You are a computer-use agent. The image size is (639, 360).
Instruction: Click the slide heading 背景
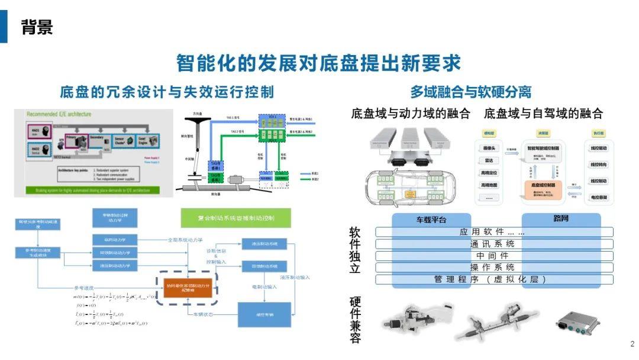(x=37, y=27)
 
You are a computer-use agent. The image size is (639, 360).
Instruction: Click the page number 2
(x=632, y=344)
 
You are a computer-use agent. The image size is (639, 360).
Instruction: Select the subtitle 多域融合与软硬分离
(x=471, y=92)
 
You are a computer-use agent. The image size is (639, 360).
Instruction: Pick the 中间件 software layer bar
(x=493, y=256)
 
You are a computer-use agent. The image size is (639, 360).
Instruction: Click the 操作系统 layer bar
(x=493, y=268)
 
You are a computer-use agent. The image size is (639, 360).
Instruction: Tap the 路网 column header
(x=561, y=219)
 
